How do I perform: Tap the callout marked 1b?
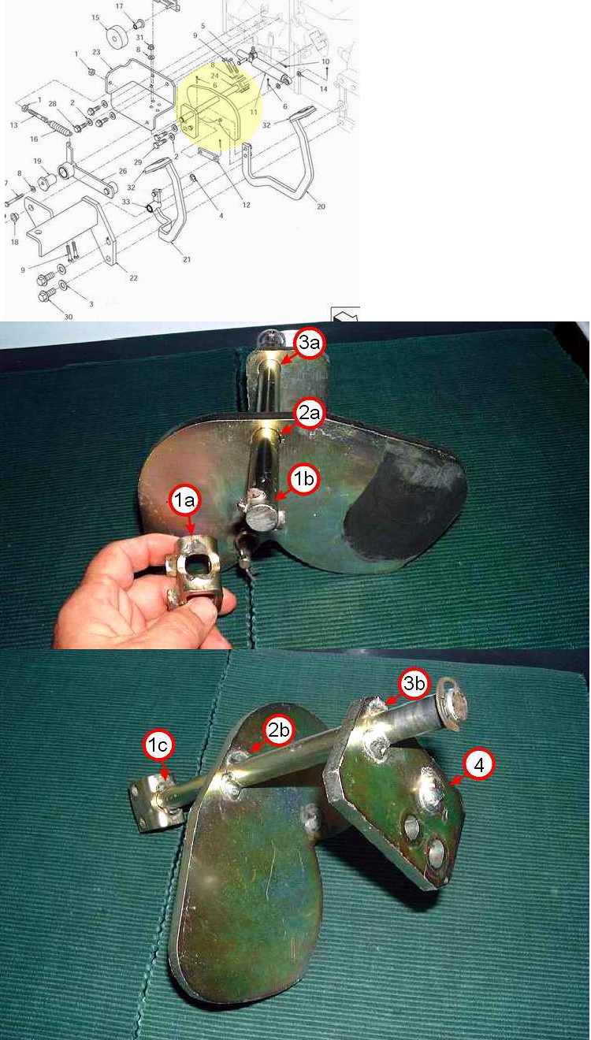304,479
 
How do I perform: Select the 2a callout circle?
309,413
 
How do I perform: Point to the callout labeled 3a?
309,343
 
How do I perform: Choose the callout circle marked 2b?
278,730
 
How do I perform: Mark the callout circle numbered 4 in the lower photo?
478,765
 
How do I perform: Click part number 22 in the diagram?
133,278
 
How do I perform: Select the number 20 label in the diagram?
321,206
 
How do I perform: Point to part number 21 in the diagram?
187,259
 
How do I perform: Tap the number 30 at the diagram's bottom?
69,317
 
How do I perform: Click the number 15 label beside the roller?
95,17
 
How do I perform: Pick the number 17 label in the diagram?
119,6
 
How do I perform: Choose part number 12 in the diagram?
246,205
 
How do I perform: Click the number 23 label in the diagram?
96,52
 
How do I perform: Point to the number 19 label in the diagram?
37,161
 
